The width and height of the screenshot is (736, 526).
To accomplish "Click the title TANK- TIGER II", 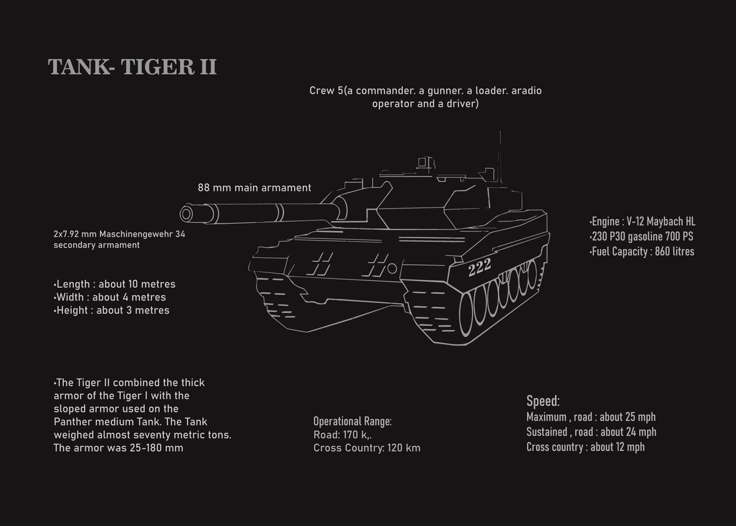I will [x=132, y=67].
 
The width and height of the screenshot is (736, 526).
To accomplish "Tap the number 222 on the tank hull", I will [x=479, y=268].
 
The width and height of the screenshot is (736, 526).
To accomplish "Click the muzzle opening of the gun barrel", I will [x=186, y=214].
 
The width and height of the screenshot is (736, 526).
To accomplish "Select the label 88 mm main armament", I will [x=254, y=188].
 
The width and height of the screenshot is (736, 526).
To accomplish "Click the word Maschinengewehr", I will [x=138, y=234].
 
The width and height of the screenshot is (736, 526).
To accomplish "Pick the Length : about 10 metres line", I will [x=115, y=284].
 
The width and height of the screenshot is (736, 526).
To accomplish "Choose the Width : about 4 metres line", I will [x=110, y=297].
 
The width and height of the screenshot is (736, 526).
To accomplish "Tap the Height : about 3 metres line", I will [x=112, y=311].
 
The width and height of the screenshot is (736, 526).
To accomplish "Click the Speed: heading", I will [x=543, y=401].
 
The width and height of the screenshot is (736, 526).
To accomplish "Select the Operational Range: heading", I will [x=352, y=422].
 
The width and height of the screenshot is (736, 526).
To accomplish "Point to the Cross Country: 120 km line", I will [x=366, y=448].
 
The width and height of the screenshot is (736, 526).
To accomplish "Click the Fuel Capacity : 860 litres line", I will [x=642, y=252].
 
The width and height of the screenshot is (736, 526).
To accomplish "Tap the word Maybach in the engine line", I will [x=662, y=222].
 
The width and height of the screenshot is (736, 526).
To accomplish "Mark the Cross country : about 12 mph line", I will [x=585, y=447].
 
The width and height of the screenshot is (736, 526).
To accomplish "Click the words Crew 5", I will [x=325, y=91].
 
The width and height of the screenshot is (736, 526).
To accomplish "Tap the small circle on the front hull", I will [x=392, y=268].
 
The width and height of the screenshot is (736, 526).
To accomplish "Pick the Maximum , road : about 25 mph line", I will [x=591, y=417].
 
